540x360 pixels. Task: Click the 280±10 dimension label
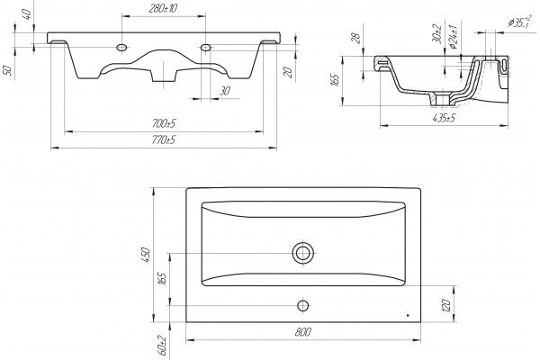pyautogui.click(x=163, y=8)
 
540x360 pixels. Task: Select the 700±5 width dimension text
pyautogui.click(x=164, y=123)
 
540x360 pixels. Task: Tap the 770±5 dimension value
pyautogui.click(x=164, y=139)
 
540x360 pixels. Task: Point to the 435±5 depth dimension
pyautogui.click(x=444, y=118)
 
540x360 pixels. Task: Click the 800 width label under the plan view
pyautogui.click(x=303, y=332)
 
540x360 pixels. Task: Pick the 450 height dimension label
pyautogui.click(x=146, y=255)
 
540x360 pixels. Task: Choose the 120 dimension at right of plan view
pyautogui.click(x=445, y=305)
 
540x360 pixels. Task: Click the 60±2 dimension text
pyautogui.click(x=162, y=346)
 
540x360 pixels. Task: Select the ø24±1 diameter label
pyautogui.click(x=454, y=36)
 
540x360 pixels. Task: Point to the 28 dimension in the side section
pyautogui.click(x=357, y=38)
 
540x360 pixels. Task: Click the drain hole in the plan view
pyautogui.click(x=303, y=253)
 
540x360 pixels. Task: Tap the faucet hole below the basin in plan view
pyautogui.click(x=303, y=306)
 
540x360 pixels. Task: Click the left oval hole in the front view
pyautogui.click(x=121, y=47)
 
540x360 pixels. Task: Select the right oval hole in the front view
pyautogui.click(x=205, y=47)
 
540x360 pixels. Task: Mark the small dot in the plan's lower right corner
pyautogui.click(x=408, y=315)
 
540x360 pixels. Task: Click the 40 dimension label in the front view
pyautogui.click(x=27, y=13)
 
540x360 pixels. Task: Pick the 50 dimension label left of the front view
pyautogui.click(x=7, y=70)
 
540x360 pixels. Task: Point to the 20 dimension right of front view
pyautogui.click(x=288, y=72)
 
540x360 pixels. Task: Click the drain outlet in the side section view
pyautogui.click(x=442, y=99)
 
